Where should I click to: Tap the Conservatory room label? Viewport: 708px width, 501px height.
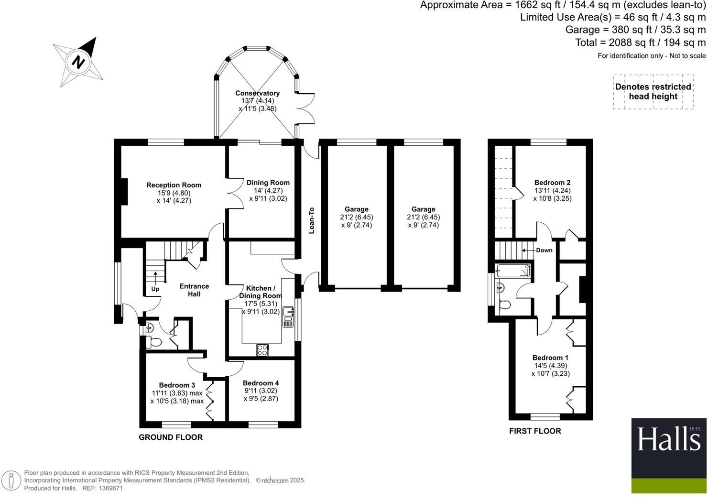tap(257, 93)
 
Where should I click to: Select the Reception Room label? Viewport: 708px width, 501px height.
tap(174, 185)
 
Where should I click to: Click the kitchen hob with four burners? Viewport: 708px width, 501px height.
tap(263, 350)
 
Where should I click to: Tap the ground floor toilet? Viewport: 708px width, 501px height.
tap(153, 342)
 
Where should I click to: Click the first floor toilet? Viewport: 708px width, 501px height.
tap(504, 304)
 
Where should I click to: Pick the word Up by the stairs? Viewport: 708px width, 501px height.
tap(155, 289)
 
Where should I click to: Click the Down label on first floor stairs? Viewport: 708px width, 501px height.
tap(544, 250)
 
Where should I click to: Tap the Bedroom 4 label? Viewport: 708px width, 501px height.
tap(261, 383)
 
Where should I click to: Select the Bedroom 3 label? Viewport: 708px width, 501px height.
tap(177, 385)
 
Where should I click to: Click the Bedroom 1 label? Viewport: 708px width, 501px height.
tap(550, 358)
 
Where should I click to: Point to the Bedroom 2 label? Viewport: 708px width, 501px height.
tap(552, 183)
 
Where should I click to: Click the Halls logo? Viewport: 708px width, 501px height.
tap(668, 440)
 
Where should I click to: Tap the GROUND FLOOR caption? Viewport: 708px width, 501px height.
tap(171, 437)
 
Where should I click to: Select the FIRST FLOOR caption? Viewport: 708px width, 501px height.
tap(535, 431)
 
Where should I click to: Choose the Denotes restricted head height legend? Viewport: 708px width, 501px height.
tap(653, 92)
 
